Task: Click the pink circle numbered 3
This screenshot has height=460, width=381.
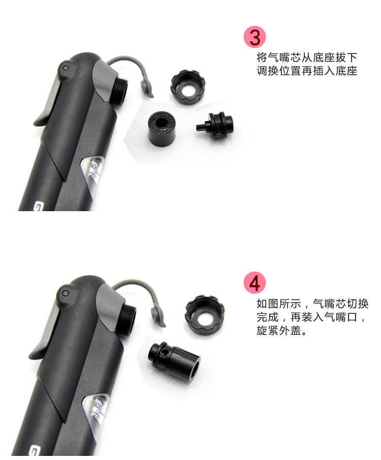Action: (x=255, y=37)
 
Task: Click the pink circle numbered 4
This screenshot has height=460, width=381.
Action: (x=255, y=283)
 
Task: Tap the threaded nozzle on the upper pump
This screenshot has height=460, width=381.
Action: (x=119, y=91)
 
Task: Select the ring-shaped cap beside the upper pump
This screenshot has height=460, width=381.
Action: (x=188, y=88)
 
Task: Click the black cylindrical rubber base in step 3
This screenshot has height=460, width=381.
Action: (x=162, y=126)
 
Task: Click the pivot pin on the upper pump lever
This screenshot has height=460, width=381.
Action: (x=66, y=68)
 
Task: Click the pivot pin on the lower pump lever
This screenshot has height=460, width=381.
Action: (x=66, y=293)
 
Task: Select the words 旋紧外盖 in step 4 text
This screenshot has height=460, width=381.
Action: (x=278, y=330)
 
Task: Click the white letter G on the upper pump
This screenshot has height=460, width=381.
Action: (x=39, y=206)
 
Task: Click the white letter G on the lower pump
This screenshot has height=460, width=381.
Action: (x=34, y=451)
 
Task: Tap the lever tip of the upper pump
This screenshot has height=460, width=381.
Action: (x=38, y=122)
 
